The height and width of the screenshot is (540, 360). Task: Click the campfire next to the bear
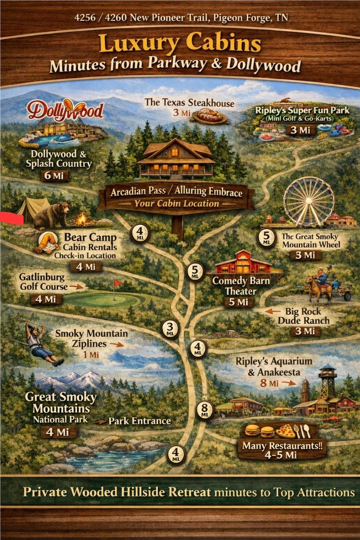click(80, 220)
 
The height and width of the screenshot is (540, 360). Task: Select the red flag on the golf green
click(118, 283)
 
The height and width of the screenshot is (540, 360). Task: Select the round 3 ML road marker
click(170, 329)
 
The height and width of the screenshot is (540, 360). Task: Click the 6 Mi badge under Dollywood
click(54, 175)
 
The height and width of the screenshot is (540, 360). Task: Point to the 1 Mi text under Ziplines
click(91, 354)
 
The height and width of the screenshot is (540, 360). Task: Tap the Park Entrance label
click(139, 421)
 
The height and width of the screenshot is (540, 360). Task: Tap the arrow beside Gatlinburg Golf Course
click(76, 287)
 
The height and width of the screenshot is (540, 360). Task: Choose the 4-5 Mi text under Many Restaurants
click(281, 455)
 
